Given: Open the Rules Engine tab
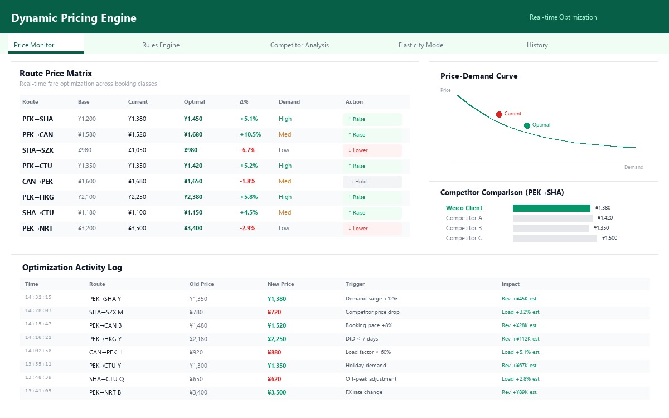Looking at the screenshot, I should [x=161, y=45].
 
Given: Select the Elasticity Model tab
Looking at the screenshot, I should [x=421, y=45].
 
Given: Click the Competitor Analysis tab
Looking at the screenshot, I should [x=299, y=45].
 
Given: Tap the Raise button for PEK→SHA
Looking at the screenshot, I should [x=372, y=119].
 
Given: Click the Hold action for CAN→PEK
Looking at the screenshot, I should [x=372, y=182].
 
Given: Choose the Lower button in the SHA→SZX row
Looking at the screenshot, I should [x=372, y=150].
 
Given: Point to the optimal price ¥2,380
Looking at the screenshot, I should [x=193, y=197].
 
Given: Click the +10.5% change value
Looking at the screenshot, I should [x=250, y=135].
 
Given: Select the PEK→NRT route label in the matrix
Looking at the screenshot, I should [x=37, y=229].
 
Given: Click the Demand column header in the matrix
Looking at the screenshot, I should [x=289, y=102].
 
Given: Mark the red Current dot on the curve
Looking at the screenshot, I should [x=499, y=114].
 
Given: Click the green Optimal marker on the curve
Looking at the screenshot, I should [x=527, y=125].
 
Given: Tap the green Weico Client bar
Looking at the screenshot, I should [x=551, y=208].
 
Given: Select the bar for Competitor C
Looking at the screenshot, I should [x=555, y=238].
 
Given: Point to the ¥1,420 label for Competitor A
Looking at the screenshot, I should [x=605, y=218].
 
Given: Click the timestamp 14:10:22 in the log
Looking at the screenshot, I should [x=38, y=337].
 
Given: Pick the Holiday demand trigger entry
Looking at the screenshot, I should [x=366, y=366].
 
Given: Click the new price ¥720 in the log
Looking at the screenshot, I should [x=274, y=312].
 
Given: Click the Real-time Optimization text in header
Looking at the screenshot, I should [x=563, y=17].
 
